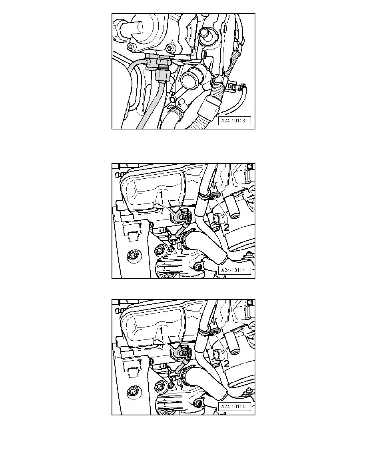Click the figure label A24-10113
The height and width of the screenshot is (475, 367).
[x=234, y=121]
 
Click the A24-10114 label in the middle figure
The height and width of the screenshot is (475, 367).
[x=234, y=270]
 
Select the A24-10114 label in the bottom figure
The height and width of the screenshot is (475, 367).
[x=234, y=407]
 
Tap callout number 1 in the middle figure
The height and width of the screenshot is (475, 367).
[x=162, y=195]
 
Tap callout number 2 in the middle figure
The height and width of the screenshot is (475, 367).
[x=227, y=227]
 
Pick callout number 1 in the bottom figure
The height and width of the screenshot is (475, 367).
[x=162, y=331]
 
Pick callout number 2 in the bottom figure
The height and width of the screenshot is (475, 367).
[x=227, y=363]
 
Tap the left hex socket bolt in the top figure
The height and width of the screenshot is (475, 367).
[x=131, y=47]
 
